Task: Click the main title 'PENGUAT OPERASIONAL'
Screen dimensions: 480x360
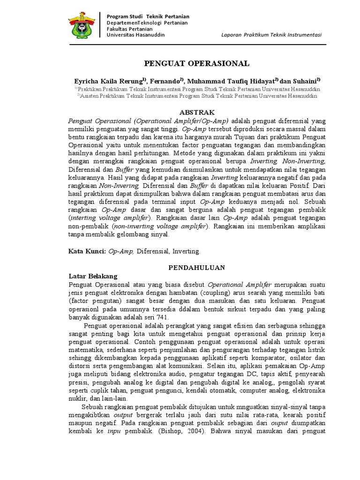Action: (x=196, y=63)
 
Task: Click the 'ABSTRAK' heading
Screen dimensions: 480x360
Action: (x=197, y=112)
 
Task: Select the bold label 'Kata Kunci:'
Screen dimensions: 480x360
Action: (x=87, y=251)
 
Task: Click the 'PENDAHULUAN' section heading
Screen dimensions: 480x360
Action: (x=197, y=267)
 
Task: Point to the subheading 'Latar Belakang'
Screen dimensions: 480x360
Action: (x=93, y=276)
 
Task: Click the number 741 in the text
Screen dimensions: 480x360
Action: (x=162, y=317)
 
